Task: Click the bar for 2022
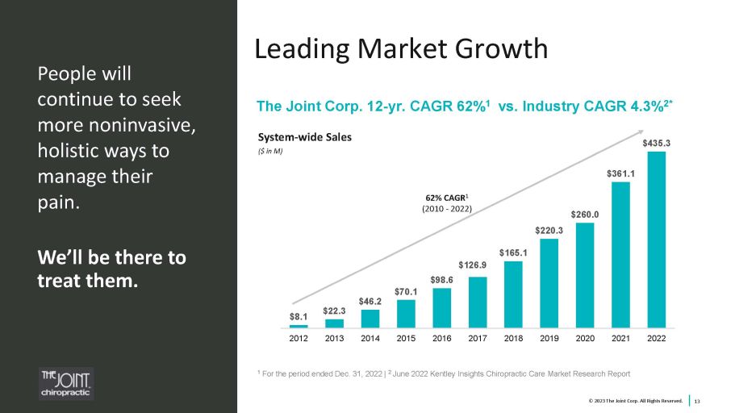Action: pyautogui.click(x=656, y=240)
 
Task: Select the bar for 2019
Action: pyautogui.click(x=549, y=283)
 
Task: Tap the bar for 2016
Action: pyautogui.click(x=441, y=307)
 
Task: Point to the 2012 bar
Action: pyautogui.click(x=299, y=326)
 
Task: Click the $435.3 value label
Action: pyautogui.click(x=656, y=143)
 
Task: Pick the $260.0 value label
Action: pyautogui.click(x=584, y=215)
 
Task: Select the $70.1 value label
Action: pyautogui.click(x=406, y=291)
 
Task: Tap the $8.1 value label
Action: pyautogui.click(x=299, y=317)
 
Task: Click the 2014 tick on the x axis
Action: pyautogui.click(x=370, y=340)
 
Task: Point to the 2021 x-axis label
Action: pyautogui.click(x=620, y=340)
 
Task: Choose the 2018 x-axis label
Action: pyautogui.click(x=513, y=340)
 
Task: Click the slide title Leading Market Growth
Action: pyautogui.click(x=401, y=49)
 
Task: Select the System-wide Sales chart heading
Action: pyautogui.click(x=304, y=137)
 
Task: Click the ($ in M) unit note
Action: pyautogui.click(x=270, y=151)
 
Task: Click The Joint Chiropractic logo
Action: pyautogui.click(x=67, y=384)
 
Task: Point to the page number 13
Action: pyautogui.click(x=697, y=401)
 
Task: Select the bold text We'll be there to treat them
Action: pyautogui.click(x=111, y=269)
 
